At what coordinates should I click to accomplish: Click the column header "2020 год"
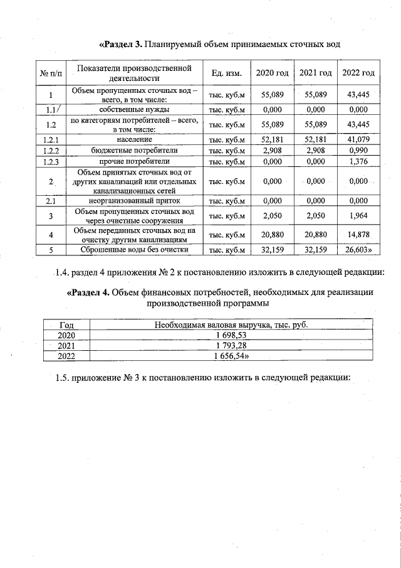[x=273, y=73]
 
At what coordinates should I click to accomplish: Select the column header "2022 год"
[x=358, y=73]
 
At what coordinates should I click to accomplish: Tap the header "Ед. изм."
[x=226, y=73]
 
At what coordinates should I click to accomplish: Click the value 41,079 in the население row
[x=358, y=139]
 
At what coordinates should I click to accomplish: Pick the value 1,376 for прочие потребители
[x=358, y=161]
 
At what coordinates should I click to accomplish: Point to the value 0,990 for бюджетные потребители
[x=358, y=150]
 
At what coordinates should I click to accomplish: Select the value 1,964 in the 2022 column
[x=358, y=217]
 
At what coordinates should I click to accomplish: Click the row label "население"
[x=135, y=139]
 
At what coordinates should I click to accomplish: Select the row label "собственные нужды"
[x=135, y=109]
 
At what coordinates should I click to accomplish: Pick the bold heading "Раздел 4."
[x=88, y=292]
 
